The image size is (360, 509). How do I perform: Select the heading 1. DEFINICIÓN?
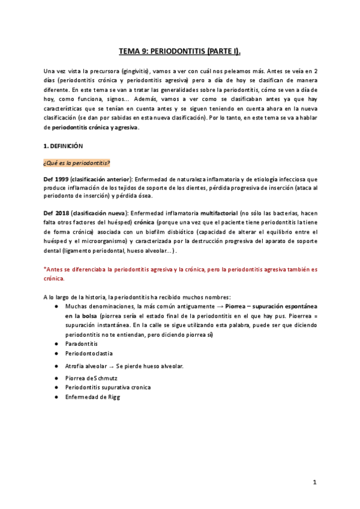[x=63, y=146]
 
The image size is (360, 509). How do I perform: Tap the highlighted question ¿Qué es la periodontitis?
[x=76, y=163]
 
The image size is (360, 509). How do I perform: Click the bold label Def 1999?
[x=55, y=179]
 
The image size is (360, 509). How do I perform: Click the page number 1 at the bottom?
[x=314, y=482]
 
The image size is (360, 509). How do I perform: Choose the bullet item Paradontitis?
[x=82, y=343]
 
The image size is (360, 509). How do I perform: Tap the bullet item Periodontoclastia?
[x=89, y=354]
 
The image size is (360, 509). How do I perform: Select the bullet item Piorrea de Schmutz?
[x=90, y=378]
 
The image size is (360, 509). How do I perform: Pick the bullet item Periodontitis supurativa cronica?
[x=108, y=388]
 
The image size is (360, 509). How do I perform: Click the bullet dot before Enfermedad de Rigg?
[x=56, y=397]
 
